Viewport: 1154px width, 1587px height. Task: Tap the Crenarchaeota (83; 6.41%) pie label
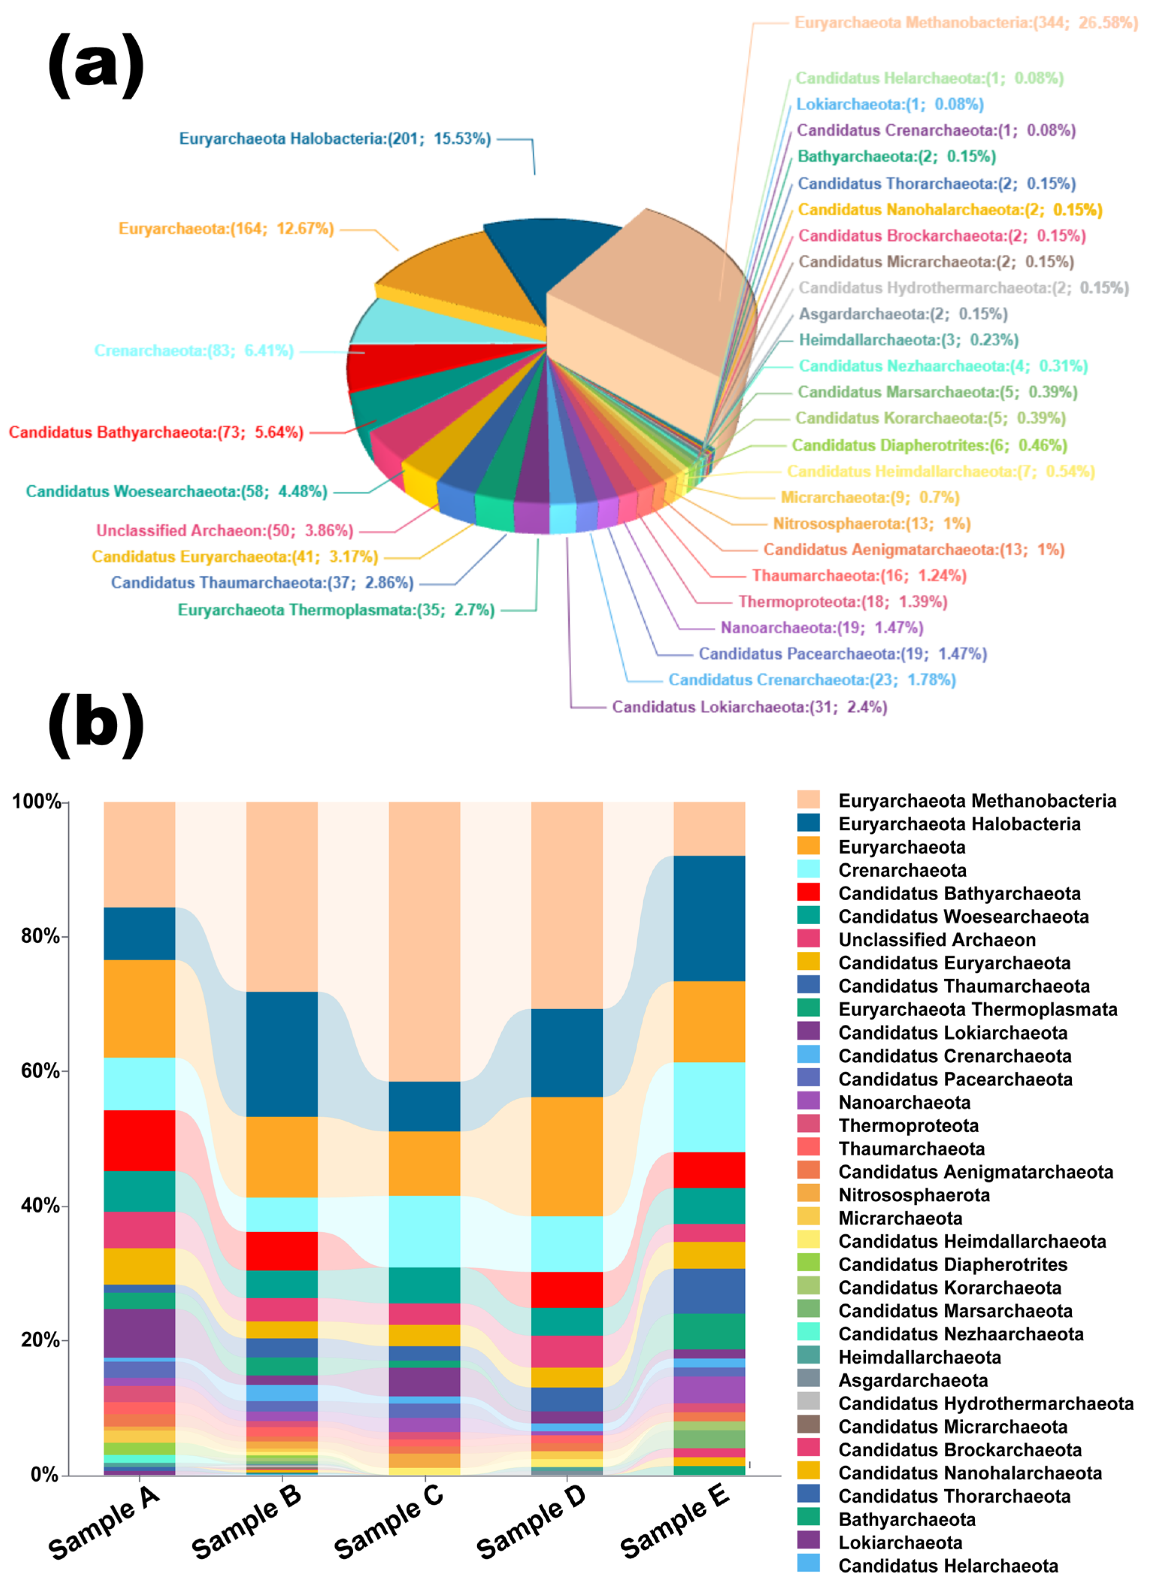(194, 351)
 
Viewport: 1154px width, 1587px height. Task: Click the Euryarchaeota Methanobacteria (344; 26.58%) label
(966, 23)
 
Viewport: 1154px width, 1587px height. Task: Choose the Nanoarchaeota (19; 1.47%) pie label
(822, 628)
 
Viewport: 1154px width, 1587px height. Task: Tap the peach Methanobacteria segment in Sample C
(425, 941)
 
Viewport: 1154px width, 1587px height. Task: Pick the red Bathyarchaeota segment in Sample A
(139, 1140)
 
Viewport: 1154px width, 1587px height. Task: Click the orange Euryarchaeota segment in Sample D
(567, 1156)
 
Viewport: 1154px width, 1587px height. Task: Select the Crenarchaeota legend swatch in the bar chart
(809, 870)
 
